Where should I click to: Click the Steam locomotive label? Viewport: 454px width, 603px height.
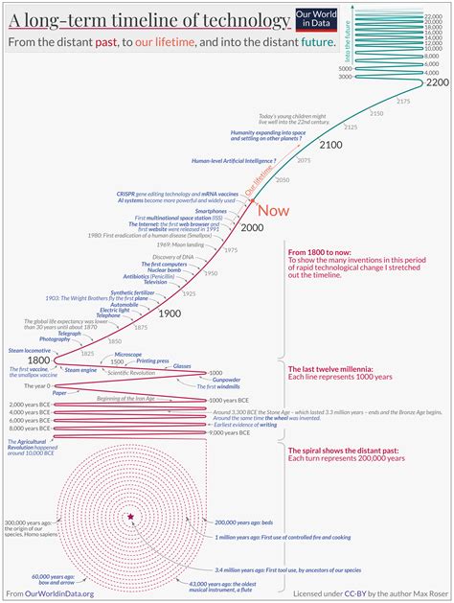coord(29,350)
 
